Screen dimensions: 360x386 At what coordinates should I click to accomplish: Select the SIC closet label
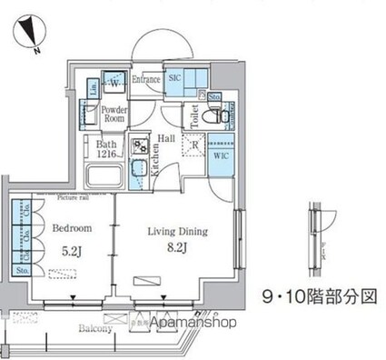tap(177, 79)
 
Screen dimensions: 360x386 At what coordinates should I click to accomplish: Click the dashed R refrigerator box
tap(193, 143)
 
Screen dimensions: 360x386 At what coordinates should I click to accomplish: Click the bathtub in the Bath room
tap(104, 174)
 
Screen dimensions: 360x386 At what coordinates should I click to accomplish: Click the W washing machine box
tap(114, 83)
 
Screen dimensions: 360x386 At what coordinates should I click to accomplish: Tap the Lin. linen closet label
tap(94, 88)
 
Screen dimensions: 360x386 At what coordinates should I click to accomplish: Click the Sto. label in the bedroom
tap(22, 269)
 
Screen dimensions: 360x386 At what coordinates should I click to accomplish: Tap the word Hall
tap(166, 137)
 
